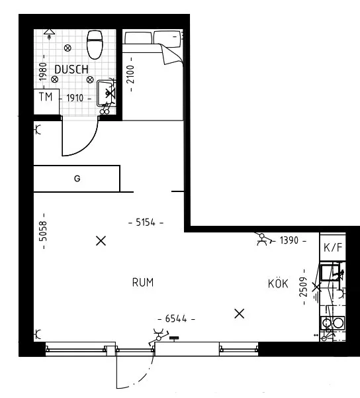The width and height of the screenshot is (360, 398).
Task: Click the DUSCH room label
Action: [x=71, y=68]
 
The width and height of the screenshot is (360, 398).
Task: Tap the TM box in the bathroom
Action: [x=46, y=97]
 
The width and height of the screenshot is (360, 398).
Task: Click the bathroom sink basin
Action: [x=106, y=92]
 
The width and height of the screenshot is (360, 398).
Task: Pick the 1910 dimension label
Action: [x=75, y=97]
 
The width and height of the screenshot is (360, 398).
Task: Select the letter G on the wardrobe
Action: [x=77, y=179]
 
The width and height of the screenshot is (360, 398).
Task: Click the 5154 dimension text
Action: [x=146, y=223]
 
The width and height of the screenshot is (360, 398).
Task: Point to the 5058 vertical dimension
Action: [x=42, y=231]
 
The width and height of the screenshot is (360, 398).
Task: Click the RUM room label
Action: [x=143, y=283]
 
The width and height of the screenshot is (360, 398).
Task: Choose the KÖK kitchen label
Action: [x=278, y=283]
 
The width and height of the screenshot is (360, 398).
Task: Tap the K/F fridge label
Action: [x=332, y=248]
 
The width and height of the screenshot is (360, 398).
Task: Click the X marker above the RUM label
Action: [x=101, y=241]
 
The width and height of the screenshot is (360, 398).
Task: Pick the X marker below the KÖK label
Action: [x=240, y=313]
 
